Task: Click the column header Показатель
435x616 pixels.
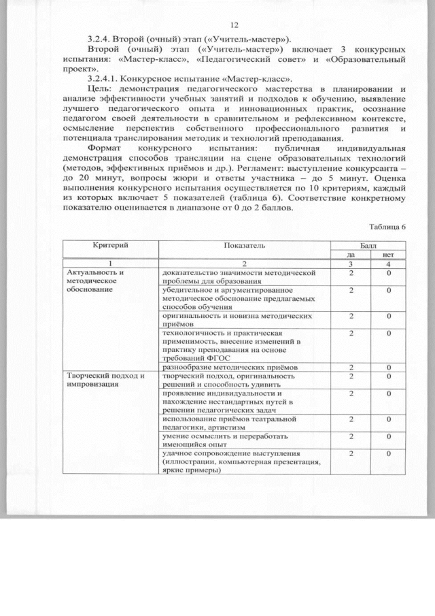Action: click(x=243, y=244)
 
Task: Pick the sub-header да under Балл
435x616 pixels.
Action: click(x=351, y=253)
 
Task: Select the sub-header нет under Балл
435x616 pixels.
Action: click(x=389, y=253)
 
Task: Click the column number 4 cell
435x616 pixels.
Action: click(x=389, y=263)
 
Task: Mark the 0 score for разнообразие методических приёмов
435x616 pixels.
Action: click(x=389, y=366)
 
